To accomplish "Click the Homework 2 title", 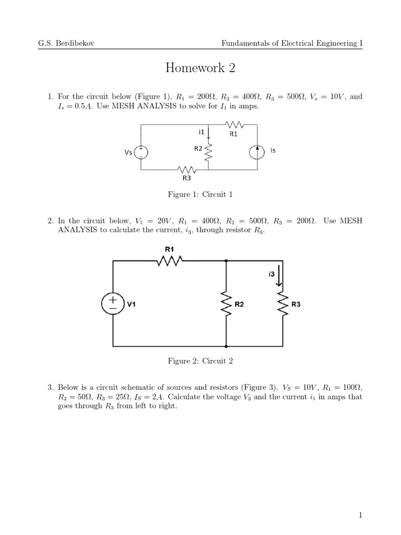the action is [200, 67].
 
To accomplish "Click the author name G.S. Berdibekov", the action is [66, 43].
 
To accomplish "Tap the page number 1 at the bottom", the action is [360, 515].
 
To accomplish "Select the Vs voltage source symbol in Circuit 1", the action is [141, 153].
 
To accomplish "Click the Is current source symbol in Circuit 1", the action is [257, 153].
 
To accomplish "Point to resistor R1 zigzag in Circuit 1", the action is [233, 124].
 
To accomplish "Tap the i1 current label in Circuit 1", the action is [201, 131].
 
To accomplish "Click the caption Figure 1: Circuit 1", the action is [200, 194].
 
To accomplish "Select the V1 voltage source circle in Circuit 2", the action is [113, 304].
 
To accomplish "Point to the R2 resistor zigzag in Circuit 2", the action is [226, 304].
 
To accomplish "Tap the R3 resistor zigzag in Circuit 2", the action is [282, 304].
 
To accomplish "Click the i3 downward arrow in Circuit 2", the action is [279, 275].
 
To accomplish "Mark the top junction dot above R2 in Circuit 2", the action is [226, 261].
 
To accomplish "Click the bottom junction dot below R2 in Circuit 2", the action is [226, 346].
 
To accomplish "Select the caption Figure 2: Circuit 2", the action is [200, 361].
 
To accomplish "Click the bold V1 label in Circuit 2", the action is [131, 304].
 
